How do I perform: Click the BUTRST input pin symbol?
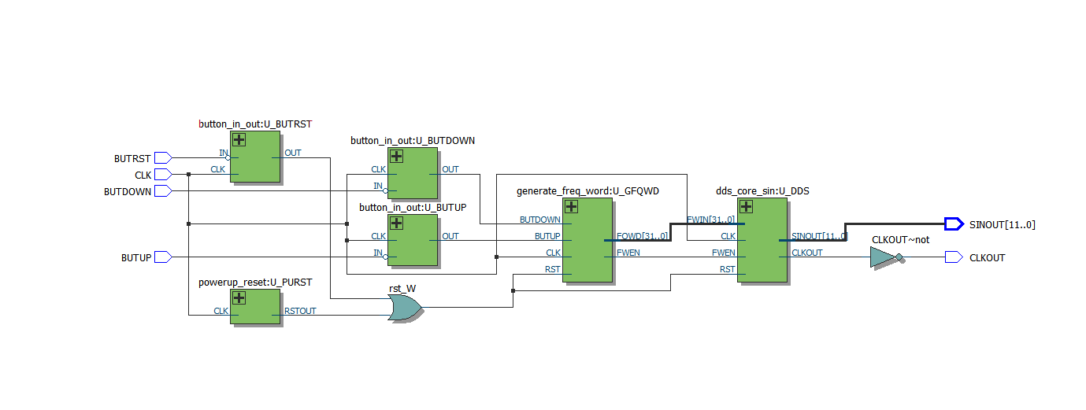tap(163, 158)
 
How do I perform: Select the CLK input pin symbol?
tap(163, 175)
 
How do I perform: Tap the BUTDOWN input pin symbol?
tap(163, 191)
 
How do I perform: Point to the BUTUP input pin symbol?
tap(163, 257)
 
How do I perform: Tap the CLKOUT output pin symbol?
tap(953, 257)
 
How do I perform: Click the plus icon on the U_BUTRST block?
tap(239, 140)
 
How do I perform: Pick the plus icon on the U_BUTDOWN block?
tap(396, 157)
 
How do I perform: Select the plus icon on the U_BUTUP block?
tap(396, 223)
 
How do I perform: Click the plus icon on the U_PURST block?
tap(239, 298)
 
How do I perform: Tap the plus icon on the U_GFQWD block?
tap(572, 207)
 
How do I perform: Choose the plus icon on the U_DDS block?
tap(747, 207)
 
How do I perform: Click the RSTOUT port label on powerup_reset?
tap(299, 311)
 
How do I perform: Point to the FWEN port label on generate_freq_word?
tap(628, 253)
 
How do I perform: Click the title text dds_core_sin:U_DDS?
tap(762, 190)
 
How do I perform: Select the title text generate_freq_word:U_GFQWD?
tap(587, 190)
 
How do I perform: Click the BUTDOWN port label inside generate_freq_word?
tap(539, 220)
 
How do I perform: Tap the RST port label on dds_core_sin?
tap(727, 269)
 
